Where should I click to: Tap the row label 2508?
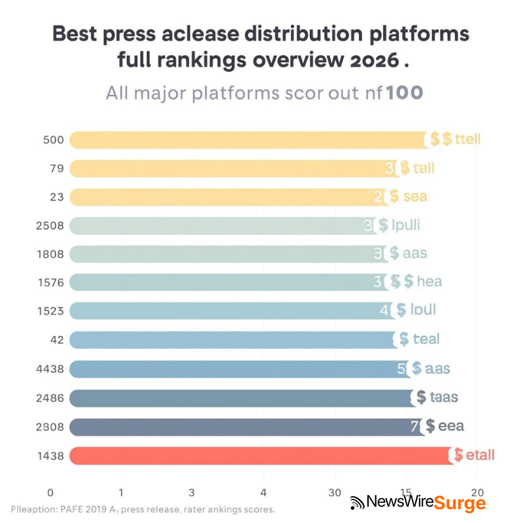click(x=50, y=226)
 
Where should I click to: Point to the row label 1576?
click(x=50, y=282)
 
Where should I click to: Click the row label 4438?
click(x=50, y=369)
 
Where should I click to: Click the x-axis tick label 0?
click(x=50, y=492)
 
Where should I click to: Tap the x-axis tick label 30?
click(x=334, y=492)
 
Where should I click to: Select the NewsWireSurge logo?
click(x=418, y=502)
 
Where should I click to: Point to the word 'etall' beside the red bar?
click(x=480, y=455)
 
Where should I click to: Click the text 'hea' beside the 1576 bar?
click(x=429, y=282)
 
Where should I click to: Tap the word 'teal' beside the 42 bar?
click(x=426, y=339)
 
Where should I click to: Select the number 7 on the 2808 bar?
click(x=414, y=427)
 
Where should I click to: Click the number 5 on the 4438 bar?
click(x=401, y=369)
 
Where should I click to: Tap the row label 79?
click(x=56, y=169)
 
